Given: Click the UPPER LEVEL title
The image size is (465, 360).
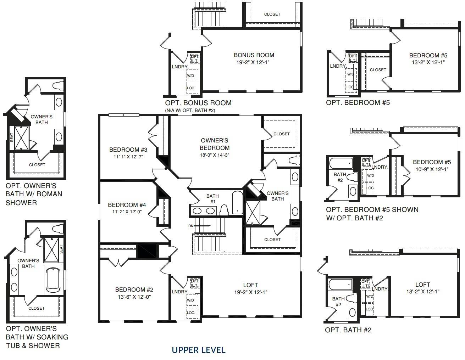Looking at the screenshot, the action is click(199, 350).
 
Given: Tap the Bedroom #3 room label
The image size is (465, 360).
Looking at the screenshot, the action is click(128, 150).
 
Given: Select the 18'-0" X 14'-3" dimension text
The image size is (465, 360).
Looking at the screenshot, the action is click(215, 155).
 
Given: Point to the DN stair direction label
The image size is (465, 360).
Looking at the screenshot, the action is click(191, 226).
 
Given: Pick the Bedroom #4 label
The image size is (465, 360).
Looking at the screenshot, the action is click(127, 205).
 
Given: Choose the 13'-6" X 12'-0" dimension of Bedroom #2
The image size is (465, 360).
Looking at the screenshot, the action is click(134, 297).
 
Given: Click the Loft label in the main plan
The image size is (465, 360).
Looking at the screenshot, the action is click(250, 285).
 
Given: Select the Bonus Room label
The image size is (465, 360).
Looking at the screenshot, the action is click(254, 55).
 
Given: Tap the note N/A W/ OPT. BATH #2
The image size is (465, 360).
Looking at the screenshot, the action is click(190, 110).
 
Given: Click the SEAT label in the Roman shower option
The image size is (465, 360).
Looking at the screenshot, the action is click(12, 137).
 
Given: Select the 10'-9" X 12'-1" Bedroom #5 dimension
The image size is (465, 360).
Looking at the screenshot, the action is click(432, 169).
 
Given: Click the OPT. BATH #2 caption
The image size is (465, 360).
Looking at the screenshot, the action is click(348, 330).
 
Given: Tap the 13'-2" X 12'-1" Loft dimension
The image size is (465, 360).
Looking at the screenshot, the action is click(423, 291).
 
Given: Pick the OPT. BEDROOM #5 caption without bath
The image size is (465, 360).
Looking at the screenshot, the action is click(358, 103).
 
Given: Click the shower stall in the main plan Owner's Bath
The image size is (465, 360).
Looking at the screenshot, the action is click(253, 213).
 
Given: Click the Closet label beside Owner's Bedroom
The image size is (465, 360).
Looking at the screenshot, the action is click(281, 134).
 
